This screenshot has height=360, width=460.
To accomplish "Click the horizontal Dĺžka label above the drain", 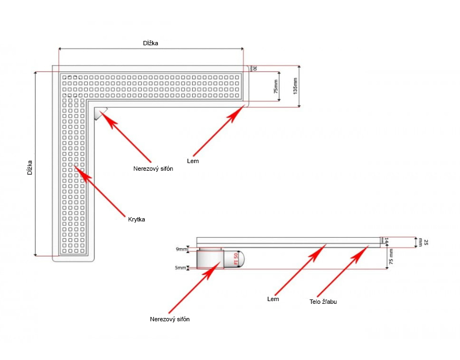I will pos(151,43).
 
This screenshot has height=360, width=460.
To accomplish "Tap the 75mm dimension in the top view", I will pos(276,87).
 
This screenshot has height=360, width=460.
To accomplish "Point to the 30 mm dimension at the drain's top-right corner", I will pos(254,68).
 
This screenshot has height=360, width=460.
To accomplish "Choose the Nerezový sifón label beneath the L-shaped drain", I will pos(153,169).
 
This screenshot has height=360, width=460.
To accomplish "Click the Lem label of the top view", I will pos(193,161).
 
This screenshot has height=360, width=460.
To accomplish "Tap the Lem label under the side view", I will pos(273,299).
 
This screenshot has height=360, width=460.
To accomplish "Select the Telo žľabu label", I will pos(323,301).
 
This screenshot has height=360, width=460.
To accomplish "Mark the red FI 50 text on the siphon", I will pos(236,259).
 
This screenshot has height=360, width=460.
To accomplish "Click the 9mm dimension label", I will pos(182,249).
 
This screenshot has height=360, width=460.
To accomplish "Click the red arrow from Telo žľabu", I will pos(341,272).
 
